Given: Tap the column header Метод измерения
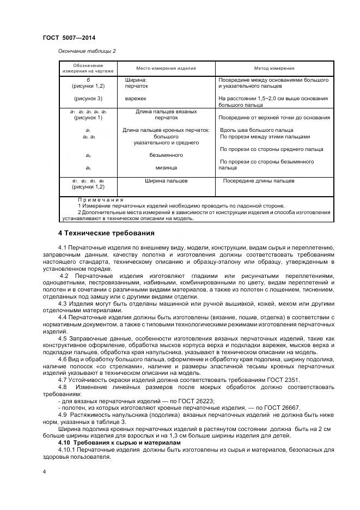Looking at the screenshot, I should (274, 69).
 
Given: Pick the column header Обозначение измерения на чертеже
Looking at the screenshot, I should (88, 69).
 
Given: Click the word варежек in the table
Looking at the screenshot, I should (136, 99).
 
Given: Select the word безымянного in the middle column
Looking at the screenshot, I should (166, 155).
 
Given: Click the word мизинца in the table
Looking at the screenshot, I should (166, 168).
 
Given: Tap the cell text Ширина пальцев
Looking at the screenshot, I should (166, 180).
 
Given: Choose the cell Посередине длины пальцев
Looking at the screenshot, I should (259, 180).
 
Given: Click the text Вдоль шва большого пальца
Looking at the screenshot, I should (256, 130).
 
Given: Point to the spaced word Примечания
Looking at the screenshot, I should (101, 200).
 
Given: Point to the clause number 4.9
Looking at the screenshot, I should (62, 415).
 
